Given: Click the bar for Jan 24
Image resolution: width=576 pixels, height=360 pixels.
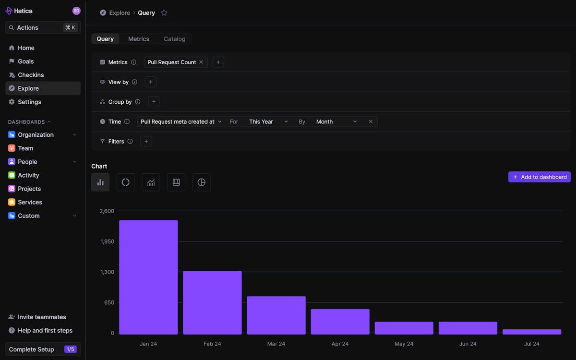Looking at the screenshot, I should click(148, 277).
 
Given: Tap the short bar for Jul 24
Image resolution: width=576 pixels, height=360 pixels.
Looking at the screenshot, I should click(531, 332).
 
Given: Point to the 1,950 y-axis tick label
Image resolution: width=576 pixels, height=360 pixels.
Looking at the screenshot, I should click(107, 241).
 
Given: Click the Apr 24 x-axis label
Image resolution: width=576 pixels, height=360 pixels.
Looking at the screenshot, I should click(340, 344).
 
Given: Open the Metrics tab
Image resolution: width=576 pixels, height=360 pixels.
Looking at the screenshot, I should click(139, 39).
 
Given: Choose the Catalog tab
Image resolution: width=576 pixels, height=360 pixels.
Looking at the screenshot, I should click(174, 39).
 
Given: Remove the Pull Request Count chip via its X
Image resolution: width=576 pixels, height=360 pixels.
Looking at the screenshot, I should click(201, 62).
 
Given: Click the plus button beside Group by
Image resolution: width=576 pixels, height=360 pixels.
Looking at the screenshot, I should click(154, 102).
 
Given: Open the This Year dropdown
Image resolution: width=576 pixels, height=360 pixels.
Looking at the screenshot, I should click(268, 121).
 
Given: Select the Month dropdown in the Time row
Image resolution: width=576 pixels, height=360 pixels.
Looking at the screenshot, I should click(336, 121).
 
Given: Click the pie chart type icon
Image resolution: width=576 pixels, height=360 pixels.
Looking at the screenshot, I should click(202, 182).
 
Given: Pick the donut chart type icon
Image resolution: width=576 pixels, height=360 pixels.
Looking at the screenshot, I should click(126, 182).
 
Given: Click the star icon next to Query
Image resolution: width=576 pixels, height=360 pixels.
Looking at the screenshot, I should click(164, 13).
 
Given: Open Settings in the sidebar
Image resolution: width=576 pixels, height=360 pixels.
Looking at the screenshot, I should click(29, 102).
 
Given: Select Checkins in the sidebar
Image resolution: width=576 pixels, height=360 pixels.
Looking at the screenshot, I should click(31, 75).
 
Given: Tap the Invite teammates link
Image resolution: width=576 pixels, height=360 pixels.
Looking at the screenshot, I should click(42, 317).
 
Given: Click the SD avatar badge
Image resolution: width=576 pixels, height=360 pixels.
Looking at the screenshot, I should click(76, 11).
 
